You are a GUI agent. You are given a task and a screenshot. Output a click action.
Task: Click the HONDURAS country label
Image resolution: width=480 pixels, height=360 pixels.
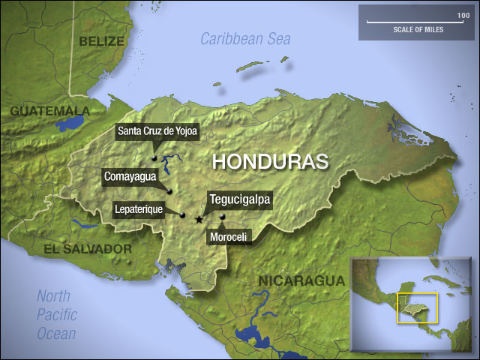tap(271, 160)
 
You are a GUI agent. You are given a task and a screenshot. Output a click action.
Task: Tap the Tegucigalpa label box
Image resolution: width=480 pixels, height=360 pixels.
tap(239, 199)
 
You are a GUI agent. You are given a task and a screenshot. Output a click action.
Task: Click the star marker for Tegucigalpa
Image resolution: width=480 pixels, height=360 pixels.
tap(198, 220)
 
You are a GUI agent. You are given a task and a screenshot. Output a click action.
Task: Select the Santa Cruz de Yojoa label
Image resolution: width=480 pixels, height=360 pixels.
tap(157, 133)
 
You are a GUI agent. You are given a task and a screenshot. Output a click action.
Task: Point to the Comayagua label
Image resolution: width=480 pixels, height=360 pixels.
tap(130, 177)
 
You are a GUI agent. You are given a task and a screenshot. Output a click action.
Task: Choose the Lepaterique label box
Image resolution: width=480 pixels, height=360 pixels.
tap(139, 210)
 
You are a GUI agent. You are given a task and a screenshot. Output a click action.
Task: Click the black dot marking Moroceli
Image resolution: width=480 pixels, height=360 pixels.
tap(222, 217)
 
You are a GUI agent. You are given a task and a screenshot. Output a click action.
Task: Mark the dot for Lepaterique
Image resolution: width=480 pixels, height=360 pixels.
tap(182, 215)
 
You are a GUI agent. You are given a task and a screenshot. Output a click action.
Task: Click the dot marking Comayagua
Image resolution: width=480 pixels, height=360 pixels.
tap(169, 191)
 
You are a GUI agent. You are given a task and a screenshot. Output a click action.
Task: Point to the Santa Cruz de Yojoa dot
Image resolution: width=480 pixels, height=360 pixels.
tap(153, 158)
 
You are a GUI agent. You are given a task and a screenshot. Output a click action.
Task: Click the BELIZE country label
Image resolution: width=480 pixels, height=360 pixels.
tap(101, 40)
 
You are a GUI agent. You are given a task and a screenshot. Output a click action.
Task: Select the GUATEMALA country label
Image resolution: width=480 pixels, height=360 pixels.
tap(49, 111)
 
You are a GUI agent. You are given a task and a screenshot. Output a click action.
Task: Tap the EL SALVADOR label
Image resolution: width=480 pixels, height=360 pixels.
tap(88, 248)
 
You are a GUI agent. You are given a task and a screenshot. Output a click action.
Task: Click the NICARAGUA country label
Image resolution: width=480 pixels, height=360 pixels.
tap(301, 280)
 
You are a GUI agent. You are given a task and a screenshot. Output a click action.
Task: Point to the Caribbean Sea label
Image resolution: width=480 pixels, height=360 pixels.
tap(247, 38)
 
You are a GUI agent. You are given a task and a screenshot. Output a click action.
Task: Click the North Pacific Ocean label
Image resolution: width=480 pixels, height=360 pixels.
tap(57, 314)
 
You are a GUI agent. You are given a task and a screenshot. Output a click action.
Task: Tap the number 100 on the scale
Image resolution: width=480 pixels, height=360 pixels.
tap(463, 15)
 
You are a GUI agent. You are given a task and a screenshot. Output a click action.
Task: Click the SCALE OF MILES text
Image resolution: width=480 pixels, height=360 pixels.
tap(417, 31)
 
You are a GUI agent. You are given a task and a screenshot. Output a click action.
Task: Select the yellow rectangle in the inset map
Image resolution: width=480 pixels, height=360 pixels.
tap(417, 307)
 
